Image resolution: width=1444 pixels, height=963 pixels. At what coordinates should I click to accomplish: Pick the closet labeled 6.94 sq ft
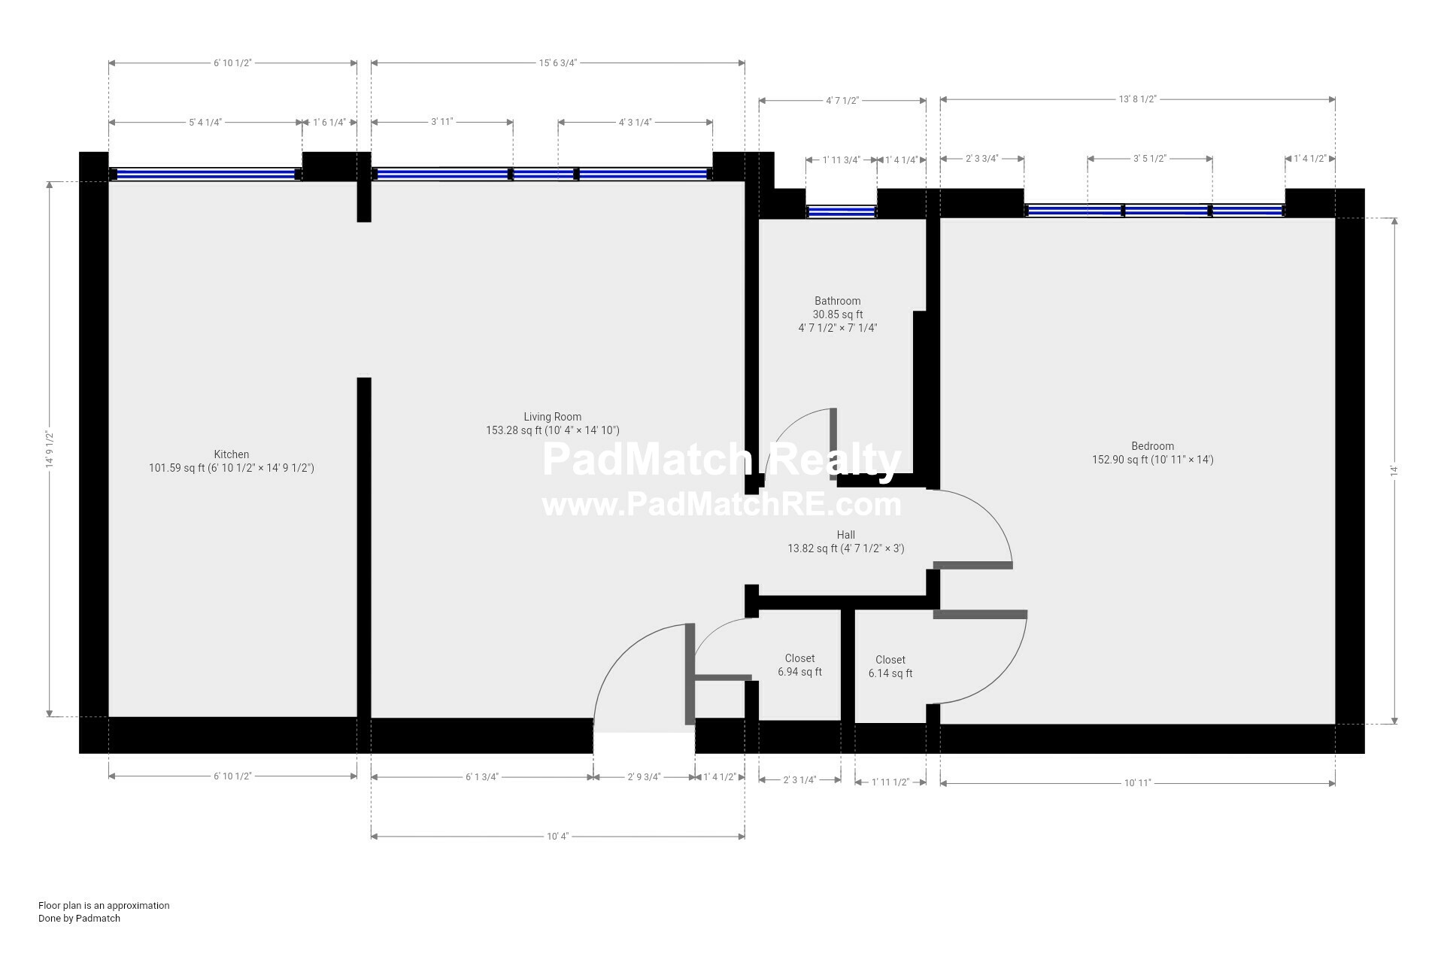coord(799,665)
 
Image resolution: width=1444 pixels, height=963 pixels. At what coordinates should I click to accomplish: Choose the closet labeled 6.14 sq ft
coord(890,667)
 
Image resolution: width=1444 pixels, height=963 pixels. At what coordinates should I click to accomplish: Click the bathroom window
coord(842,211)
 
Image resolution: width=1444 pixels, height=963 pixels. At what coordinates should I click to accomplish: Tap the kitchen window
coord(206,174)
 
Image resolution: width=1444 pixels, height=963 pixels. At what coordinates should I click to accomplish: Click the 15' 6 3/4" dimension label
coord(558,63)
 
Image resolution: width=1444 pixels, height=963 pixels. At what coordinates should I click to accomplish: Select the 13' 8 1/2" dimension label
coord(1138,99)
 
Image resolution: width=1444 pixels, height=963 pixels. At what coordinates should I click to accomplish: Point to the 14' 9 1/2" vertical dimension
coord(50,449)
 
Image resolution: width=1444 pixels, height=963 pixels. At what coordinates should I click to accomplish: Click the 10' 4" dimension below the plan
coord(558,836)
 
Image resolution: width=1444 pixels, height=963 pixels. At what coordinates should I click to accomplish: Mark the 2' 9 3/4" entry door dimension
coord(645,777)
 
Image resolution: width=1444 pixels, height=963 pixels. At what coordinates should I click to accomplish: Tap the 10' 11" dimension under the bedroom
coord(1138,783)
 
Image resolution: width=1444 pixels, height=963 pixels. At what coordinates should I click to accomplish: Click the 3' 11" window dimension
coord(442,122)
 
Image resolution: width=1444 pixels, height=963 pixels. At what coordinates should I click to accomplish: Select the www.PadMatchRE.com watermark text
coord(722,505)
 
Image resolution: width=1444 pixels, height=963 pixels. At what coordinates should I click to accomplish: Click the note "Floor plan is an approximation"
coord(104,906)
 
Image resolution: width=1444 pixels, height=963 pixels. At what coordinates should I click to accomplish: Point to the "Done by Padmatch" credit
coord(79,919)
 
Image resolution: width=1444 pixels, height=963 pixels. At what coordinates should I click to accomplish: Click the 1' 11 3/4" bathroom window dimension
coord(842,159)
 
